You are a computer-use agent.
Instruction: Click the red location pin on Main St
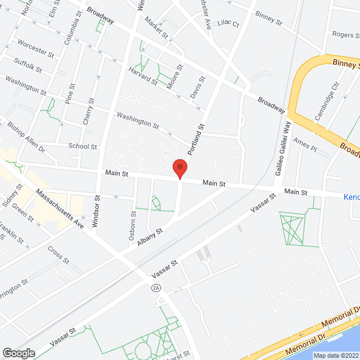coord(179,168)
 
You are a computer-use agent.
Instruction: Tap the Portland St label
coord(196,140)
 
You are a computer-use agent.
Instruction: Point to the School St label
coord(83,146)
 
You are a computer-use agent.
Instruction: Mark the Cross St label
coord(58,254)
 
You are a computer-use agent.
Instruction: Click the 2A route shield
coord(156,288)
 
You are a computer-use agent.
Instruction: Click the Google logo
coord(19,353)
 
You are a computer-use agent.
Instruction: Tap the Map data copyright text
coord(335,355)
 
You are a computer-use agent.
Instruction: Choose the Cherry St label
coord(88,113)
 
